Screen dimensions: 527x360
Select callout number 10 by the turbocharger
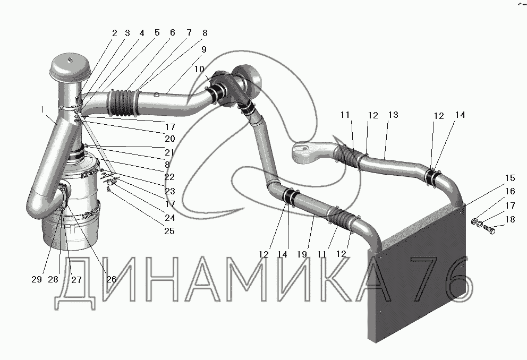click(x=198, y=70)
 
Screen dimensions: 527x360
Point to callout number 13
click(x=393, y=115)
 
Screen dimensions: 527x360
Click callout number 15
click(x=510, y=178)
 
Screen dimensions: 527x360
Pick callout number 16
click(x=510, y=192)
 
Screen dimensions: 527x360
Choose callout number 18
click(x=510, y=219)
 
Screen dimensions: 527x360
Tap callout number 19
click(x=302, y=254)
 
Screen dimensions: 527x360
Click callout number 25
click(x=169, y=231)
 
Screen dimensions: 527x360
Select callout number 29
click(x=36, y=280)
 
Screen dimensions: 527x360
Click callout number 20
click(x=169, y=139)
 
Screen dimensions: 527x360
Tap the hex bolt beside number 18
click(x=490, y=230)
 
